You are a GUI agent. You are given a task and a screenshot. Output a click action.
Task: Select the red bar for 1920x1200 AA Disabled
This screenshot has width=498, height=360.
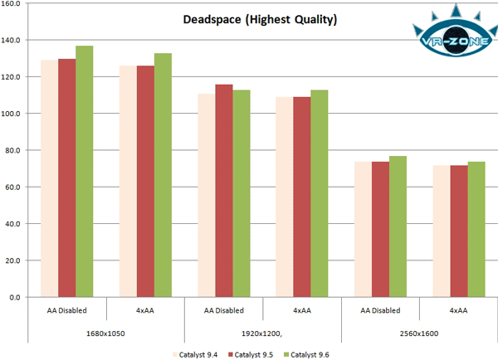[223, 190]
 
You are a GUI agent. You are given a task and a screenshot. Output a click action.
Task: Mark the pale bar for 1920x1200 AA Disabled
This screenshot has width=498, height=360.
[206, 195]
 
